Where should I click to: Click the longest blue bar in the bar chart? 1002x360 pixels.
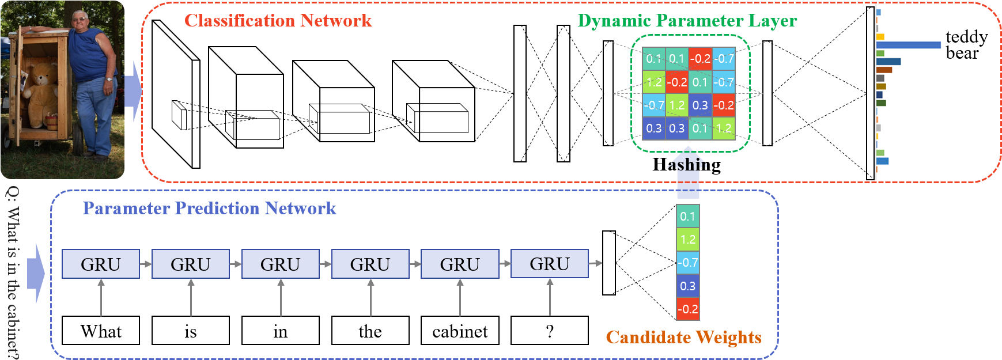pos(908,45)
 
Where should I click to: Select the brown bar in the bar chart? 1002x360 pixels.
pos(884,70)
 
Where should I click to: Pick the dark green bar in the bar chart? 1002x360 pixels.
pos(881,103)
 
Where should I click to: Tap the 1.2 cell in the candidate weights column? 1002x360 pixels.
pos(687,240)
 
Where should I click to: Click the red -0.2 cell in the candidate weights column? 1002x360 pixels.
pos(687,309)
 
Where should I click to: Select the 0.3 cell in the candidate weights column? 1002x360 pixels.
pos(687,286)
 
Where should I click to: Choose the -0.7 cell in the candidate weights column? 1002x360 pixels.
pos(687,263)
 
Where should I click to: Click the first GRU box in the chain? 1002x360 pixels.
pos(101,264)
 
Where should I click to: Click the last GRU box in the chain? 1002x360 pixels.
pos(550,263)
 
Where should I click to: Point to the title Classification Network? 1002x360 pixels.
pos(278,21)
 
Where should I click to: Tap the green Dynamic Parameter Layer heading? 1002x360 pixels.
pos(687,21)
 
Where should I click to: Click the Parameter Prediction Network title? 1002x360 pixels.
pos(209,208)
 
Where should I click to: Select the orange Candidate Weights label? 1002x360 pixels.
pos(683,337)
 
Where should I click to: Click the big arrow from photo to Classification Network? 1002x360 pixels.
pos(133,90)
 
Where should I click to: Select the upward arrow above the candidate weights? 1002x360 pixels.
pos(687,173)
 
